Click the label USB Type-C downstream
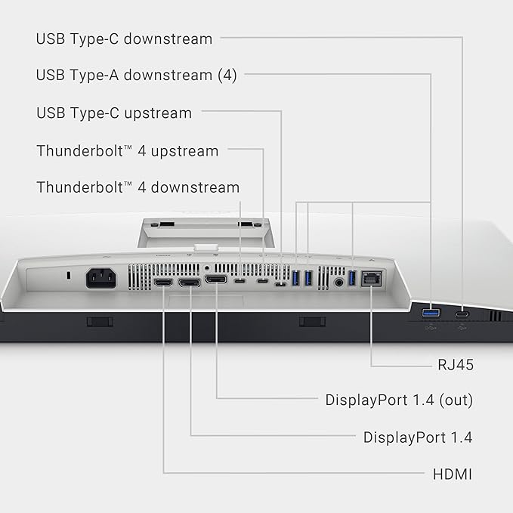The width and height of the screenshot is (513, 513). pyautogui.click(x=124, y=39)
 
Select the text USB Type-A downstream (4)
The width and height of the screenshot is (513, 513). pyautogui.click(x=136, y=76)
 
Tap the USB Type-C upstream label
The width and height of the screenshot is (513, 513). pyautogui.click(x=114, y=113)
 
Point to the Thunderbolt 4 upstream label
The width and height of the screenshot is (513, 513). pyautogui.click(x=127, y=151)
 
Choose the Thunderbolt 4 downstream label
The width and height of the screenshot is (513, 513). pyautogui.click(x=138, y=187)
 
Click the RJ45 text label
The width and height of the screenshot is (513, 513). pyautogui.click(x=456, y=365)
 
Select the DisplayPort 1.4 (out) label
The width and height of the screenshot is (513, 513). pyautogui.click(x=399, y=400)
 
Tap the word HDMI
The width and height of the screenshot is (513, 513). pyautogui.click(x=453, y=474)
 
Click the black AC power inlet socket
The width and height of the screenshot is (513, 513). pyautogui.click(x=100, y=278)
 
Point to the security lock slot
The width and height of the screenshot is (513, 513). pyautogui.click(x=69, y=276)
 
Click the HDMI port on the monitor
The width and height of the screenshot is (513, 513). pyautogui.click(x=163, y=282)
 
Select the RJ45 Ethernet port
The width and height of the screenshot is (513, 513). pyautogui.click(x=372, y=279)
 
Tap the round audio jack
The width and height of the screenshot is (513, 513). pyautogui.click(x=339, y=282)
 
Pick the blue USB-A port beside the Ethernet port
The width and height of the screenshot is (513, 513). pyautogui.click(x=352, y=278)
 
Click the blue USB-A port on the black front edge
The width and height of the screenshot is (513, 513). pyautogui.click(x=431, y=314)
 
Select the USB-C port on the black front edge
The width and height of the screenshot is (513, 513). pyautogui.click(x=462, y=315)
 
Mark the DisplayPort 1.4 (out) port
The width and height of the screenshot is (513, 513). pyautogui.click(x=215, y=280)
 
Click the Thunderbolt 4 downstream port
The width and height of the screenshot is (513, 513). pyautogui.click(x=240, y=281)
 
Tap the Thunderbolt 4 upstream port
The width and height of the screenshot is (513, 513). pyautogui.click(x=263, y=281)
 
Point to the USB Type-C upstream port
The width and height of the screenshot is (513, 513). pyautogui.click(x=280, y=284)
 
